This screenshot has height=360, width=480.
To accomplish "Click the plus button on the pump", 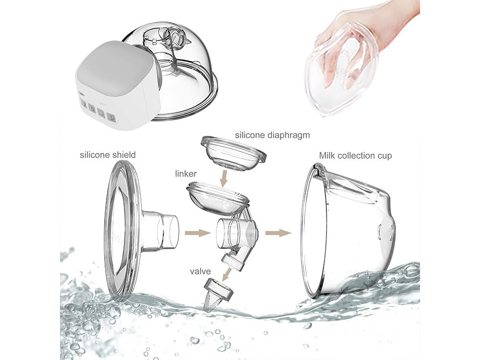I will click(x=111, y=117).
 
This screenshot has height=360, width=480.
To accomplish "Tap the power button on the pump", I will click(x=92, y=108).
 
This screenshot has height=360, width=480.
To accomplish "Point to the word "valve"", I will click(x=200, y=272).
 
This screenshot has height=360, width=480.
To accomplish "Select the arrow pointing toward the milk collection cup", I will click(x=278, y=233).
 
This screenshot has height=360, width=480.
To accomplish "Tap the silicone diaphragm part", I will click(x=233, y=153).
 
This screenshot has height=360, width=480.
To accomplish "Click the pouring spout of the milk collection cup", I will click(x=320, y=170).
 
